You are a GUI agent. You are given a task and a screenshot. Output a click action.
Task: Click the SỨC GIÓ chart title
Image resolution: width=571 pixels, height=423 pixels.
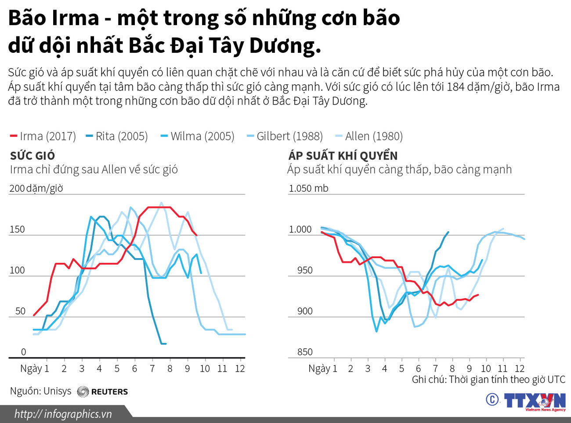[x=33, y=156]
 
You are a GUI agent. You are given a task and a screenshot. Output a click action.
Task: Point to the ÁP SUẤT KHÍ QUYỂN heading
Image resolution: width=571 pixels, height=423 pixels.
[x=343, y=156]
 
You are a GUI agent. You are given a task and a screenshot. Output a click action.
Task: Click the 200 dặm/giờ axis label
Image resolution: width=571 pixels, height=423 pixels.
[x=36, y=188]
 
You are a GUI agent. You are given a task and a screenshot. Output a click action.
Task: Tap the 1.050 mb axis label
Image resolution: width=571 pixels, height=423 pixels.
[x=308, y=188]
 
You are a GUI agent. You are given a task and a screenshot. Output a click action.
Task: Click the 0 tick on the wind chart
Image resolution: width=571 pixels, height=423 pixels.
[x=24, y=352]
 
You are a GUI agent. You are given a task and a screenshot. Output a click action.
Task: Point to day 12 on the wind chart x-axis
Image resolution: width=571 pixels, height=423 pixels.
[x=240, y=368]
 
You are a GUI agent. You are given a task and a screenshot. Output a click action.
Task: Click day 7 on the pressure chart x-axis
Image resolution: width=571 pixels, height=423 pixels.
[x=435, y=368]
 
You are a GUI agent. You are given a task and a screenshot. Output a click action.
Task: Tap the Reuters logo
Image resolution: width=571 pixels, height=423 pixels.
[x=103, y=391]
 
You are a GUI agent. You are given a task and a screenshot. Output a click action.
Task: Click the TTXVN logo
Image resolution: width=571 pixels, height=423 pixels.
[x=534, y=401]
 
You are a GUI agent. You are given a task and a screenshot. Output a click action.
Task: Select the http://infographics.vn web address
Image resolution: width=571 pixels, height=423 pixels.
[x=63, y=414]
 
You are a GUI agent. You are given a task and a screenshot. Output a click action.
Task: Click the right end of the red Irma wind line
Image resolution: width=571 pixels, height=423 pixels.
[x=196, y=235]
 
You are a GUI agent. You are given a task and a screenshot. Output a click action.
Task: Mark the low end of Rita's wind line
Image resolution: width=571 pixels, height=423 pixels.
[x=164, y=343]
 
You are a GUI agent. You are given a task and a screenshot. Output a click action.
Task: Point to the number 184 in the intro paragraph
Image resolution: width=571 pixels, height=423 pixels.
[x=455, y=87]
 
